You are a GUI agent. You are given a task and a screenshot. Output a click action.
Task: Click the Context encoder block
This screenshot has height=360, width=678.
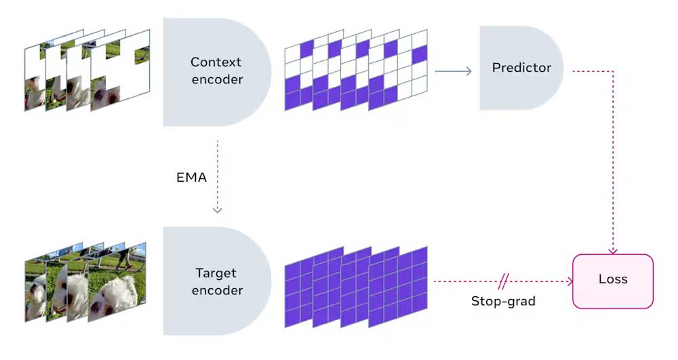click(x=210, y=71)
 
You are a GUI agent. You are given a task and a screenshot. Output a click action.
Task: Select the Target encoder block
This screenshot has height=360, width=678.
click(x=210, y=281)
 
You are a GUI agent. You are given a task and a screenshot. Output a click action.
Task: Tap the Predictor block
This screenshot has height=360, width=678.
click(x=519, y=68)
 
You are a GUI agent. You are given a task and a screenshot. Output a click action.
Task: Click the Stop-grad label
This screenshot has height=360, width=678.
click(x=503, y=300)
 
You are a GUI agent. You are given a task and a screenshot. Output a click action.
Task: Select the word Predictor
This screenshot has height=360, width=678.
click(x=521, y=68)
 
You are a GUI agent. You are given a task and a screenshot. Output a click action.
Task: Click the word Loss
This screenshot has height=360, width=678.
click(x=614, y=279)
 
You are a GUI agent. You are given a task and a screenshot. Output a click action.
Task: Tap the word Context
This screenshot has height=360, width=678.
click(x=216, y=62)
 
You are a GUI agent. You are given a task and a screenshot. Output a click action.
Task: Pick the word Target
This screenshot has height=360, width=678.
click(x=216, y=273)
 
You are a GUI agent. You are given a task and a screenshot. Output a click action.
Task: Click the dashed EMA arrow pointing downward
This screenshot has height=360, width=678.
click(x=217, y=176)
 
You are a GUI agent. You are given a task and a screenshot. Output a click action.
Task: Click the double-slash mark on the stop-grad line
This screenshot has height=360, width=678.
click(x=504, y=281)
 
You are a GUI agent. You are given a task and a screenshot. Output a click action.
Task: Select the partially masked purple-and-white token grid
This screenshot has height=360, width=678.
click(x=356, y=70)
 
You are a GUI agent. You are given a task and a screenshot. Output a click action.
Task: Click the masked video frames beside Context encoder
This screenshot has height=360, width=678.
click(x=87, y=71)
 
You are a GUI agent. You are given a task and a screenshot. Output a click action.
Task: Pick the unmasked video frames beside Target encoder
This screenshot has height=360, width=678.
click(x=85, y=281)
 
